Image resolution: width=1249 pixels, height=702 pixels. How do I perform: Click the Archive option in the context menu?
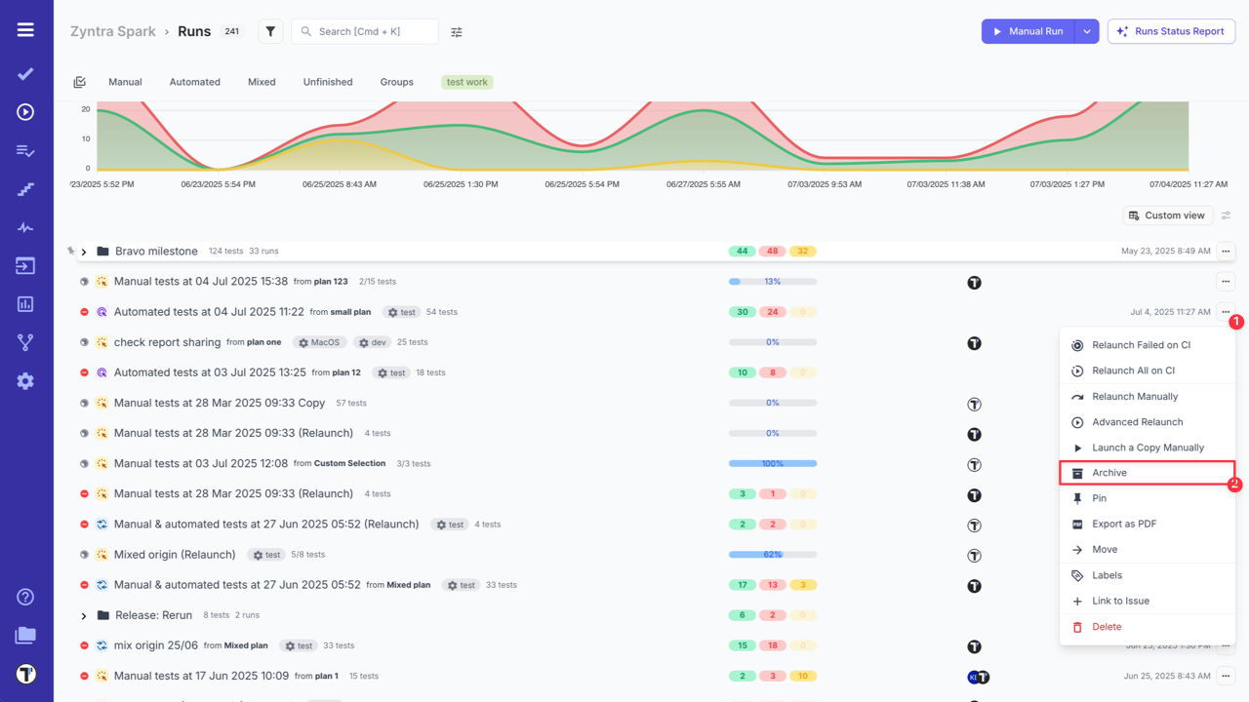coord(1109,473)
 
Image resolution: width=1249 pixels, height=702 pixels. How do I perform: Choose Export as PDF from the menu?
coord(1123,524)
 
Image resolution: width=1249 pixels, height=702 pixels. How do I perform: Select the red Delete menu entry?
coord(1106,627)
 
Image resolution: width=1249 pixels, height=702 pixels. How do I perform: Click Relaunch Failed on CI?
coord(1141,345)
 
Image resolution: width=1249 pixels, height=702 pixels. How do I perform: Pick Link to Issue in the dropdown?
coord(1120,601)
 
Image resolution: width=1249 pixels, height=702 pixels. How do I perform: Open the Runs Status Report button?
coord(1171,31)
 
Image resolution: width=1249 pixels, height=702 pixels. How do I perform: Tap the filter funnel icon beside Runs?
coord(270,31)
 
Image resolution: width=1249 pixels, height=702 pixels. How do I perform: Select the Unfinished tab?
coord(328,82)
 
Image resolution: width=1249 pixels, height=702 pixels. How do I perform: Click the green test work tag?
coord(466,82)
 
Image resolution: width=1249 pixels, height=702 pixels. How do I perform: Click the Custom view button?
coord(1166,215)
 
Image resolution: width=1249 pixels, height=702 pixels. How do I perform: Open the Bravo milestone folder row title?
coord(156,252)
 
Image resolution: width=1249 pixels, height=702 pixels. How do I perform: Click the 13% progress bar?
coord(772,282)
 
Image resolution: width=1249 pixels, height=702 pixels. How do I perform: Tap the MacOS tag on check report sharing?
coord(319,342)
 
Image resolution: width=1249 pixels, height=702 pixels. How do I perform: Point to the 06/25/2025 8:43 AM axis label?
coord(339,184)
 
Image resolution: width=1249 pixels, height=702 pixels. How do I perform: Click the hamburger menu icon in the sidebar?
coord(25,30)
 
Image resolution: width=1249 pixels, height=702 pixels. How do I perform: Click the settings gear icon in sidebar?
coord(25,381)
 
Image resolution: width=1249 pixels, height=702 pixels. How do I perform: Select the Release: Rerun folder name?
coord(153,615)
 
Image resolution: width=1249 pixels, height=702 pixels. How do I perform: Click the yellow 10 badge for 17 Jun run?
coord(802,676)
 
